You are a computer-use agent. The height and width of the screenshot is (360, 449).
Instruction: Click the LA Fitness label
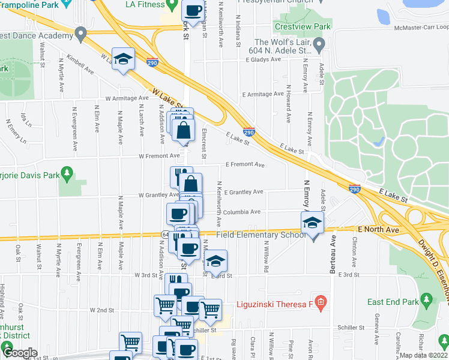[145, 4]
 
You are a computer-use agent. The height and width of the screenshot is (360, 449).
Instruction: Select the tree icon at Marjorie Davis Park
[67, 174]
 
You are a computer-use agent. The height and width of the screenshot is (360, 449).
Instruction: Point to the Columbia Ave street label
[242, 212]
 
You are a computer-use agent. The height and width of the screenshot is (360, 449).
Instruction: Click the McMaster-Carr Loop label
[421, 27]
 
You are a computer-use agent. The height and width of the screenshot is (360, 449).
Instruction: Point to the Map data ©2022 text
[424, 355]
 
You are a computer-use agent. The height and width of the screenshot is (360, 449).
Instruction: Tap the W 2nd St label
[101, 310]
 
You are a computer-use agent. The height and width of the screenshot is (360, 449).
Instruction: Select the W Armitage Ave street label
[126, 98]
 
